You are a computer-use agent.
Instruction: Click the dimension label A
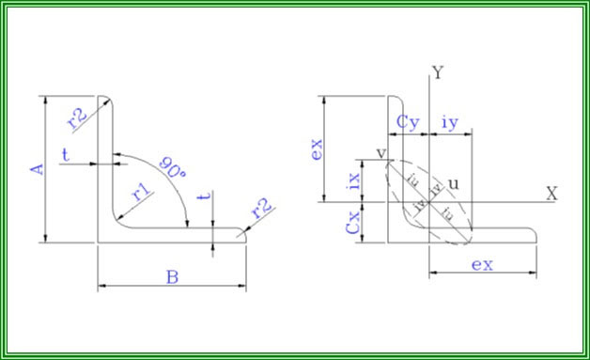tap(37, 168)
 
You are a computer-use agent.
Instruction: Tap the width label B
tap(173, 276)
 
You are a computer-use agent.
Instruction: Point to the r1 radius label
tap(142, 193)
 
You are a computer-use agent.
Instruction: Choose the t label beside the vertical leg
tap(65, 151)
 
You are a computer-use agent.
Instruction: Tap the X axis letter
tap(551, 192)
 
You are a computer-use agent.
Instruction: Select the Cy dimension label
tap(408, 121)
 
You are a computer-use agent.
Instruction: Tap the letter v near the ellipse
tap(381, 154)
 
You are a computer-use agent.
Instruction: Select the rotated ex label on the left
tap(317, 149)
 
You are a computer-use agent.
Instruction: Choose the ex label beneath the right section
tap(482, 264)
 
